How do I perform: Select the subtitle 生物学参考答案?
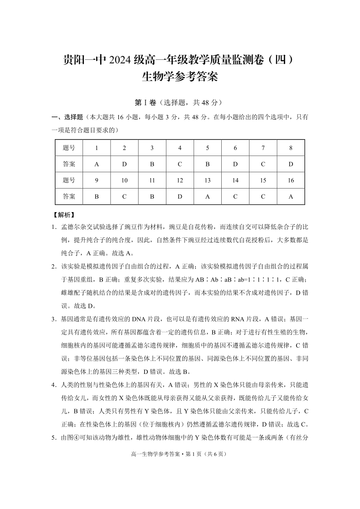coord(180,77)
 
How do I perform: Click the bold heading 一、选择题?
coord(67,117)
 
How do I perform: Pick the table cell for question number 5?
coord(208,148)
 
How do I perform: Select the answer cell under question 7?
coord(263,164)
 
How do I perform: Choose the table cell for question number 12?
coord(180,180)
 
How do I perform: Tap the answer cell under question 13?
coord(208,197)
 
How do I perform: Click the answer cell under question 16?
coord(291,197)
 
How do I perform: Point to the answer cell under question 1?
coord(97,164)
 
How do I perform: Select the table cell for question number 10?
coord(125,180)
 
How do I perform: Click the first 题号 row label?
coord(69,148)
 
